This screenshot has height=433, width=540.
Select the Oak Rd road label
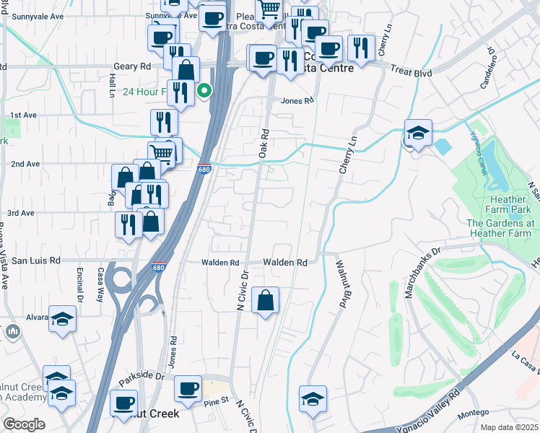(264, 144)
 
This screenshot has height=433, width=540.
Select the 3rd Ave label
(21, 213)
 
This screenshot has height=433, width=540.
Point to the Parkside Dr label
(142, 377)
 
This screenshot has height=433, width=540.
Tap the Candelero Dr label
(490, 69)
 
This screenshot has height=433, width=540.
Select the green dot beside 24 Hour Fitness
(205, 91)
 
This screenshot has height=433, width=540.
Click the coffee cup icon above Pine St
(189, 388)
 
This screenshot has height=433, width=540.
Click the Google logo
(25, 424)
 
